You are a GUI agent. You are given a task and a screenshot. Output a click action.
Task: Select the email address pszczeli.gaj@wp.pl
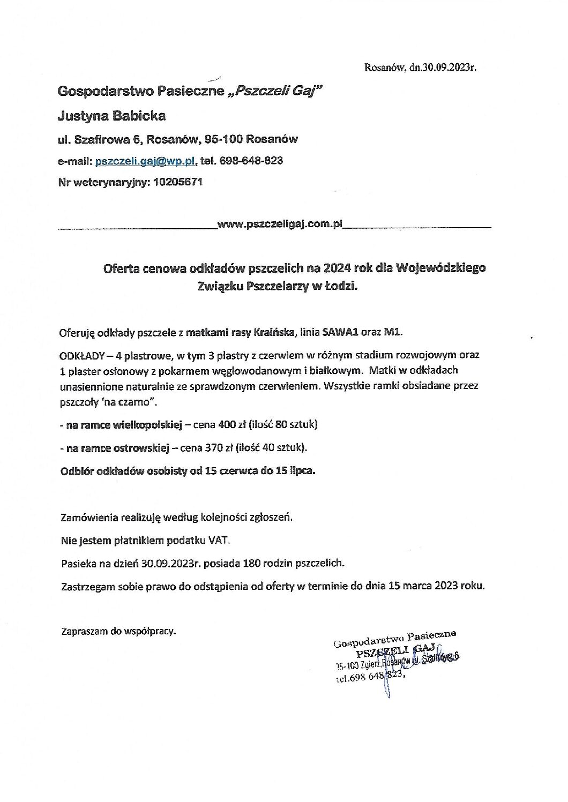(145, 161)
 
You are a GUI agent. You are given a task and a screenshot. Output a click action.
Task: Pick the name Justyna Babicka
(111, 116)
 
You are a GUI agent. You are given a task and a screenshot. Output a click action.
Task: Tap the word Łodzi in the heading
(341, 287)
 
